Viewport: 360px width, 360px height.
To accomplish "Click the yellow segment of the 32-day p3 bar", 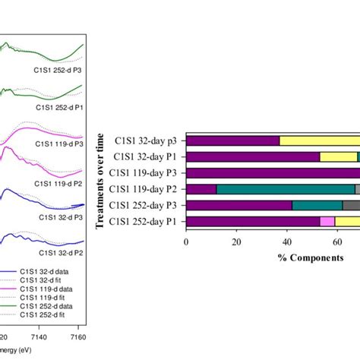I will (319, 141).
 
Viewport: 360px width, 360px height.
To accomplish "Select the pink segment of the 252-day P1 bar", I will (327, 221).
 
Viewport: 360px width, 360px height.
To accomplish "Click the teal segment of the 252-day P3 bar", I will (317, 205).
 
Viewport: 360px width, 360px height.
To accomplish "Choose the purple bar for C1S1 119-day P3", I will (273, 173).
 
